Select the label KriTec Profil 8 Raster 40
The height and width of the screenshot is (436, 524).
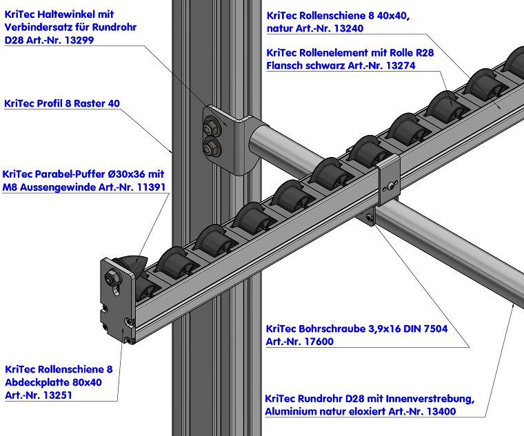coord(62,104)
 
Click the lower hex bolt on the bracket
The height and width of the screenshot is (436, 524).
coord(210,145)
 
